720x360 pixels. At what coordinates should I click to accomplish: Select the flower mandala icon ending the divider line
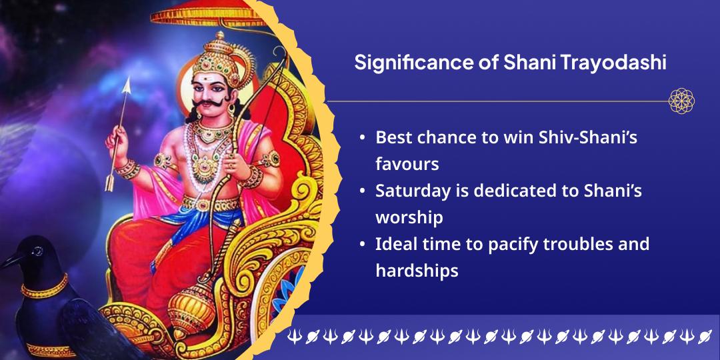[681, 101]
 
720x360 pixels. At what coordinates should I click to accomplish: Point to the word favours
[407, 164]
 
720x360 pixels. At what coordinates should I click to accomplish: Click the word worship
[409, 217]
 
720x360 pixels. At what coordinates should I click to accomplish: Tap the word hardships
[417, 271]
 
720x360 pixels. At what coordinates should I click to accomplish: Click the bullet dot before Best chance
[363, 138]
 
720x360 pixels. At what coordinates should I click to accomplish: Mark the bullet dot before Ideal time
[363, 244]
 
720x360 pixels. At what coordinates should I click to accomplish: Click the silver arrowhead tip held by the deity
[126, 78]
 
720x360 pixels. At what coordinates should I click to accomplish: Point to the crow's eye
[37, 251]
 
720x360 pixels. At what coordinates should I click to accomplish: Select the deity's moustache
[213, 103]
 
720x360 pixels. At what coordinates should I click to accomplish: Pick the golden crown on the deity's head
[219, 55]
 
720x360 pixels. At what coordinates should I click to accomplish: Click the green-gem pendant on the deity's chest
[206, 166]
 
